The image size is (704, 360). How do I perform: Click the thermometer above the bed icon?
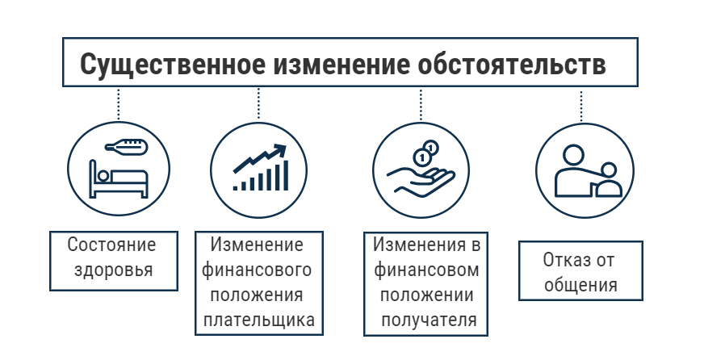[124, 148]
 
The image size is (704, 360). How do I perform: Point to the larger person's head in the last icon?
[571, 154]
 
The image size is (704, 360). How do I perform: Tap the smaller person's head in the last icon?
[608, 170]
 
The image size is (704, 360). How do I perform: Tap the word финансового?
[258, 270]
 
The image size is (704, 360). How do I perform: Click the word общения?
[580, 285]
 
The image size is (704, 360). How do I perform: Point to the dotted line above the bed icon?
[119, 103]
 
